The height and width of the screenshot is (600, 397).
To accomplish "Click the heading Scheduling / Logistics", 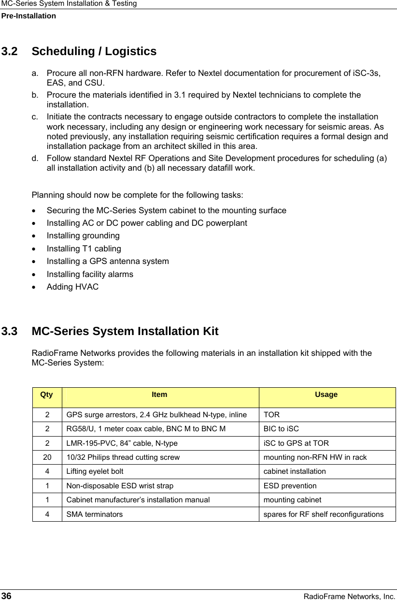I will pyautogui.click(x=94, y=51).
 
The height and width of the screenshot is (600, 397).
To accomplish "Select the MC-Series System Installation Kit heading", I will pyautogui.click(x=125, y=332).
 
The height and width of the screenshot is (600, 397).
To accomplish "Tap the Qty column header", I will pyautogui.click(x=47, y=395).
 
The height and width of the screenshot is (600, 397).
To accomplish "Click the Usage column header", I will pyautogui.click(x=326, y=395).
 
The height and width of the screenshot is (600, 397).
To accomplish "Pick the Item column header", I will pyautogui.click(x=159, y=395).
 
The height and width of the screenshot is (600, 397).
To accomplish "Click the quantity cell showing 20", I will pyautogui.click(x=47, y=457).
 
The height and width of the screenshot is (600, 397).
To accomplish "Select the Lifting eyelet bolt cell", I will pyautogui.click(x=95, y=471).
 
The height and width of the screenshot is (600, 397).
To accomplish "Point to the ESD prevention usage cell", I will pyautogui.click(x=290, y=485).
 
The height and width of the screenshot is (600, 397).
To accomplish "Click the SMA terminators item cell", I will pyautogui.click(x=94, y=514).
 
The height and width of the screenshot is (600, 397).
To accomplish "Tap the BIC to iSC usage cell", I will pyautogui.click(x=281, y=429).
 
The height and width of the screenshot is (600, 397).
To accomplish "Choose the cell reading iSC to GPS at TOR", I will pyautogui.click(x=296, y=443).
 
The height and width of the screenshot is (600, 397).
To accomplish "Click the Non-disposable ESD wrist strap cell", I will pyautogui.click(x=120, y=485).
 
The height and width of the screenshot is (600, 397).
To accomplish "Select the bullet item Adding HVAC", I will pyautogui.click(x=72, y=287).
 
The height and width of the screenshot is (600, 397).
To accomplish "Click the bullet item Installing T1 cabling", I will pyautogui.click(x=84, y=249).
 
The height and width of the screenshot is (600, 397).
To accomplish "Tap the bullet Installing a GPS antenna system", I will pyautogui.click(x=108, y=261).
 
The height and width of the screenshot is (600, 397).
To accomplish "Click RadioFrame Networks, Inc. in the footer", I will pyautogui.click(x=349, y=597).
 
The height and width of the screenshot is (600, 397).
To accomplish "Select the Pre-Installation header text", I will pyautogui.click(x=28, y=16).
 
